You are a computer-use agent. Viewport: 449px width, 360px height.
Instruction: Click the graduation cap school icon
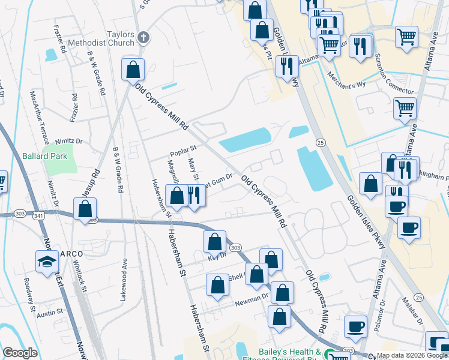pos(47,262)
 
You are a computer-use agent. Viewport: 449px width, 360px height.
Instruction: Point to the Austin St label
pos(50,313)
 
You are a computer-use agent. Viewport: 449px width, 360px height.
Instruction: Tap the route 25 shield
pos(321,142)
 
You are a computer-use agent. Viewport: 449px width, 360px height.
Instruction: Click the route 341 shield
pos(40,215)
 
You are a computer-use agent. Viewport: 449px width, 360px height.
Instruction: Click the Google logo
pos(20,353)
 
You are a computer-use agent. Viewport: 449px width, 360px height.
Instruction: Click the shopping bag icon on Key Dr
pos(215,242)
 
